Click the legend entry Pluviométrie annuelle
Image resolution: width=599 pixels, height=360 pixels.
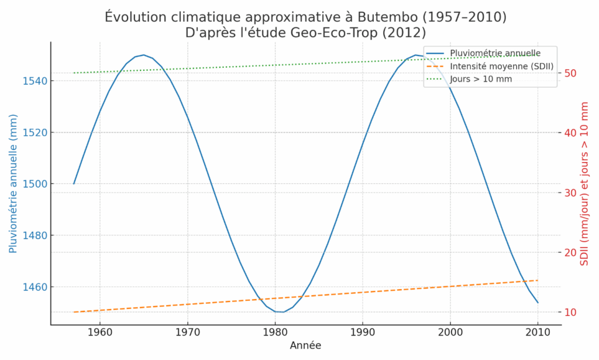point(491,53)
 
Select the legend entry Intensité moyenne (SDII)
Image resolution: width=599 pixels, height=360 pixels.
point(501,66)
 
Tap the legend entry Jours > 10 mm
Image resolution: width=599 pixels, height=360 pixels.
point(481,78)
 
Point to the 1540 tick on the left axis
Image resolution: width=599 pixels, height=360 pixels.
point(35,81)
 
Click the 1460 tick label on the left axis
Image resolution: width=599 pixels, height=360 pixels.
point(35,287)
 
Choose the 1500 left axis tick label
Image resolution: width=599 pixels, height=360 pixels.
point(35,184)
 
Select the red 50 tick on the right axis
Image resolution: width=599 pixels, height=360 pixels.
point(571,73)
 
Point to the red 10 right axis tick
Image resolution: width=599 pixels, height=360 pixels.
point(571,312)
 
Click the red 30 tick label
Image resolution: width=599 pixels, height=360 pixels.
point(571,193)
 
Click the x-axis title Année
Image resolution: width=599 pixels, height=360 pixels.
point(305,346)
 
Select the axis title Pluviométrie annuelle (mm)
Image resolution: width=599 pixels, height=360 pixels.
point(13,184)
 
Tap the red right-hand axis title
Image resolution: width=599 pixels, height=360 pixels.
point(584,184)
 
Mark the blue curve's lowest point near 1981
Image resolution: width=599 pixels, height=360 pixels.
point(283,312)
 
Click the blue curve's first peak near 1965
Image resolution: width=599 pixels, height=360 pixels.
point(143,54)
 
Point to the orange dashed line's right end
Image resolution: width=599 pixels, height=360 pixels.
point(538,280)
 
